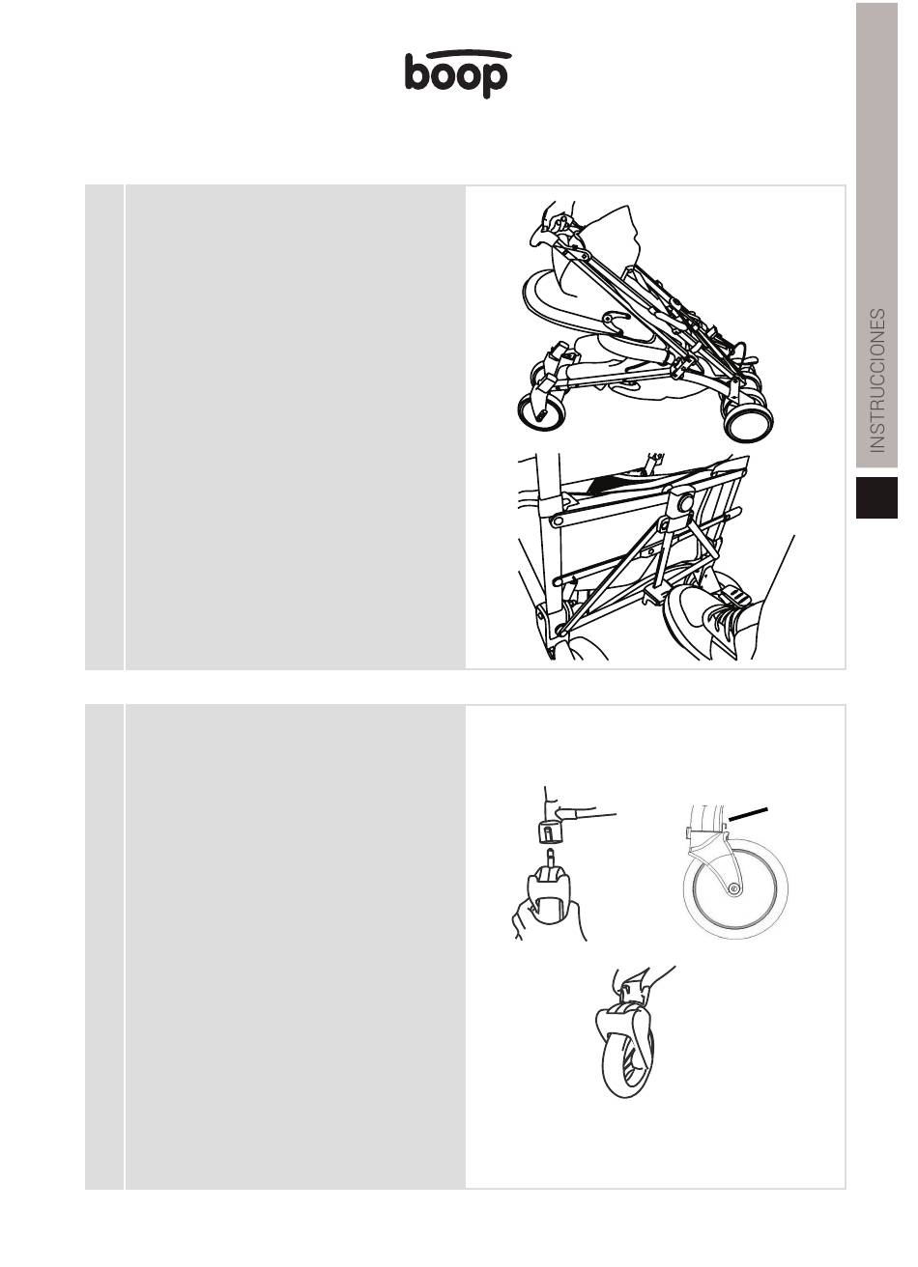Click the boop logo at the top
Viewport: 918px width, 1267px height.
click(x=456, y=73)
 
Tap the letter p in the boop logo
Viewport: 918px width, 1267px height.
click(x=494, y=80)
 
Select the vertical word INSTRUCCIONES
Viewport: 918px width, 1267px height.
click(x=876, y=380)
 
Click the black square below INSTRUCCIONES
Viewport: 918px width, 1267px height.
click(x=876, y=497)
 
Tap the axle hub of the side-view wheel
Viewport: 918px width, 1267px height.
click(x=734, y=888)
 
